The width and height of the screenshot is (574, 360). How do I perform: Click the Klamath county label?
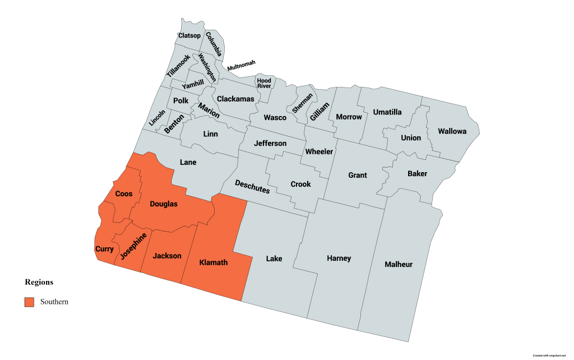[214, 262]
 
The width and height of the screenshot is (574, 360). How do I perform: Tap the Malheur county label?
[399, 264]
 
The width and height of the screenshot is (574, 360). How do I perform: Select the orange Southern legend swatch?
[29, 302]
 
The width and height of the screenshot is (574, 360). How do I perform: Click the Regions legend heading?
[39, 282]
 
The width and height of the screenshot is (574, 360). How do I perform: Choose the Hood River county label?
[264, 83]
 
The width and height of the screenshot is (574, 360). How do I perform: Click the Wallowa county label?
[452, 131]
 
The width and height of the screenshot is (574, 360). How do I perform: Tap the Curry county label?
[105, 249]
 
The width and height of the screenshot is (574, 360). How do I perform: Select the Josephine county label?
[133, 247]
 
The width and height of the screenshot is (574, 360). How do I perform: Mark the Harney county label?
[339, 259]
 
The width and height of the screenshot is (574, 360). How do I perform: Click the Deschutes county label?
[252, 187]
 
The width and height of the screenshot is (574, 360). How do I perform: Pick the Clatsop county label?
[189, 36]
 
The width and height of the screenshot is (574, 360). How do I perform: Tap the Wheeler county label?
[319, 151]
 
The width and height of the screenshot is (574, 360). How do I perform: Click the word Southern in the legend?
[54, 302]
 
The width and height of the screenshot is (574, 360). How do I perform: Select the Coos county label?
[123, 194]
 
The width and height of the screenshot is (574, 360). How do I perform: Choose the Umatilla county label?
[387, 112]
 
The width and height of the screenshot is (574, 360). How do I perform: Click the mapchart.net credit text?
[552, 356]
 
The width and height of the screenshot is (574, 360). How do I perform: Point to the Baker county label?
[417, 174]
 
